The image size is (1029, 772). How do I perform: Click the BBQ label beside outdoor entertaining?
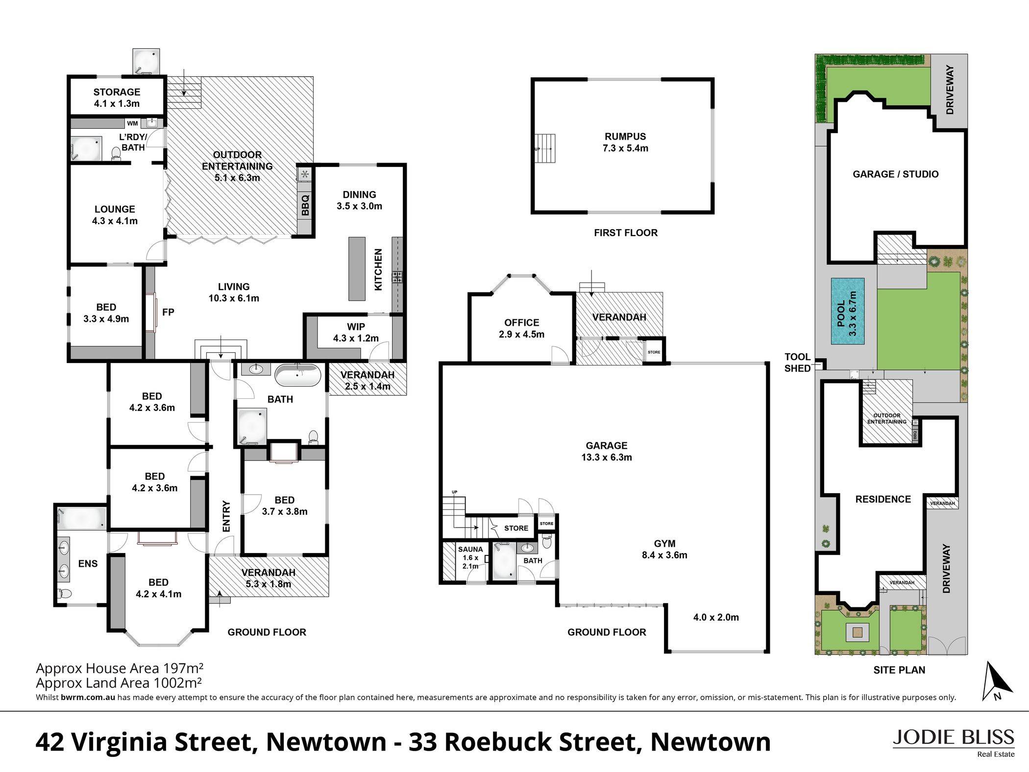click(x=305, y=205)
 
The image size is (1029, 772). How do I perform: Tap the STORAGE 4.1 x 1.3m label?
click(x=117, y=97)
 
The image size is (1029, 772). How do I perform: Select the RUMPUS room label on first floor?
click(x=625, y=142)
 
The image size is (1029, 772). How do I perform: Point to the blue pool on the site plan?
click(x=847, y=311)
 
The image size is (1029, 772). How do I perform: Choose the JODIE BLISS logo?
click(x=953, y=742)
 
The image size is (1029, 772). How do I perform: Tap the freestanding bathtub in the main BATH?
click(x=298, y=375)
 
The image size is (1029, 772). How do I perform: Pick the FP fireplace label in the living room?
click(x=168, y=312)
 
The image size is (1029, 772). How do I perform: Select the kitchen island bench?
click(x=357, y=268)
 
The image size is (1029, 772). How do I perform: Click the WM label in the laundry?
click(x=132, y=123)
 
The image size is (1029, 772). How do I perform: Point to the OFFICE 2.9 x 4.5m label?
click(x=521, y=328)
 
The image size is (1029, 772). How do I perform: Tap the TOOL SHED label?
click(x=797, y=362)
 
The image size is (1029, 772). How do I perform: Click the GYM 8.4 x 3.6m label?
click(x=664, y=549)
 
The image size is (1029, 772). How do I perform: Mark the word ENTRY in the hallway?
click(x=226, y=516)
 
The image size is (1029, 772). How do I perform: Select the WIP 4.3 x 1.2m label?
click(x=356, y=332)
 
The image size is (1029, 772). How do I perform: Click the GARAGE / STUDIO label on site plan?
click(x=895, y=174)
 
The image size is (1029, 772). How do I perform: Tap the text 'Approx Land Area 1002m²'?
click(x=119, y=683)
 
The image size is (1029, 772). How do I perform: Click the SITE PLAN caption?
click(x=899, y=670)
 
